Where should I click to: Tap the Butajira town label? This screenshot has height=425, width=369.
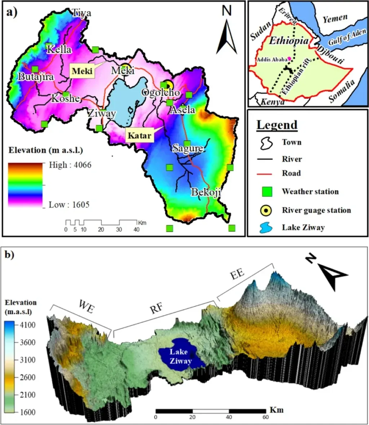(x=36, y=77)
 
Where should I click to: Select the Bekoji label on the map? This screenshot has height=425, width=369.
(x=206, y=192)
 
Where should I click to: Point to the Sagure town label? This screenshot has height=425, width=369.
(x=187, y=148)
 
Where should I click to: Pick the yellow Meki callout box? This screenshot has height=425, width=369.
(x=82, y=71)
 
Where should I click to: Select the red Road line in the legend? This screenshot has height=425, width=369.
(x=266, y=174)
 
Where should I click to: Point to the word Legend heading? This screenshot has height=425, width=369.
(x=277, y=125)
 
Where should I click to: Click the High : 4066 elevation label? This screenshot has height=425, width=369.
(x=70, y=165)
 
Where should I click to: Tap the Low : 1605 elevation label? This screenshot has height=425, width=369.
(x=69, y=205)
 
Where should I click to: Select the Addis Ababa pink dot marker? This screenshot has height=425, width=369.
(x=289, y=59)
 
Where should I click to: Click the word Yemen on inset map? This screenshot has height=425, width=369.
(x=335, y=19)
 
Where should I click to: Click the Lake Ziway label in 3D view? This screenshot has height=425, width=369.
(x=179, y=356)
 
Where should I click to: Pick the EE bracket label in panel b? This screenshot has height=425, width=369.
(x=237, y=272)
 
